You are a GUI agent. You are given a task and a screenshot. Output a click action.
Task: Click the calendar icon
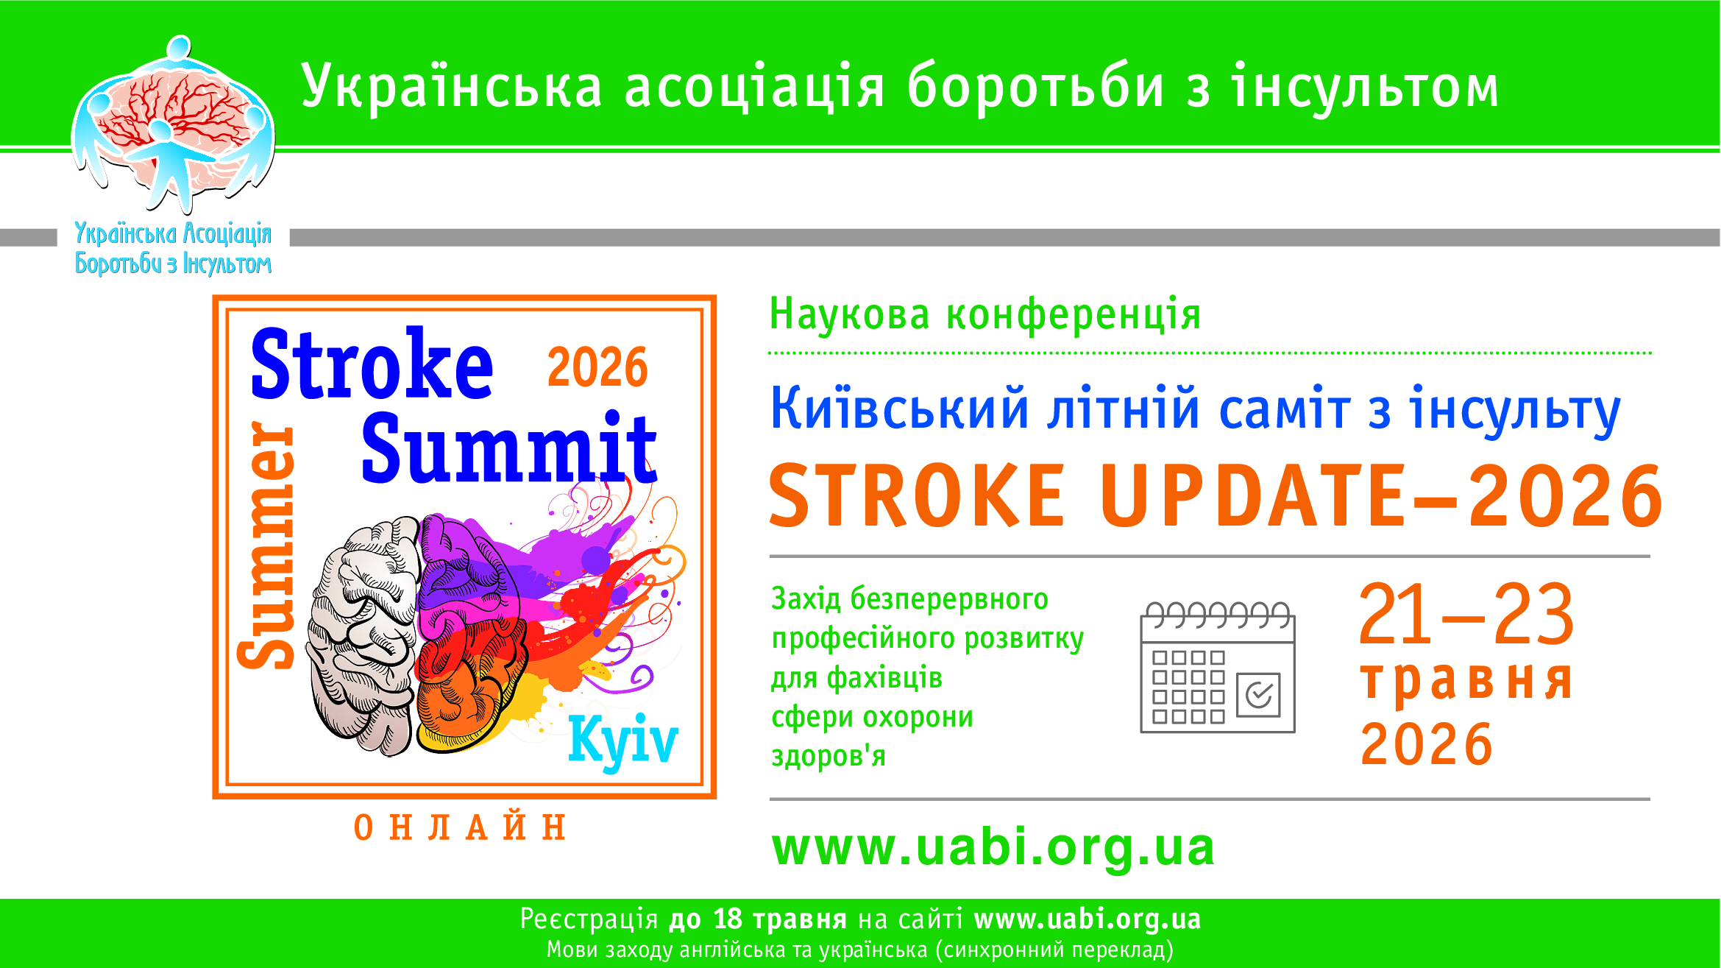click(x=1217, y=667)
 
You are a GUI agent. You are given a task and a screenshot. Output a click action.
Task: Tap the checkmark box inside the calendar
click(x=1258, y=694)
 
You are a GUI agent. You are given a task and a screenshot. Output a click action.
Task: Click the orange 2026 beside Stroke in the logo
click(x=597, y=367)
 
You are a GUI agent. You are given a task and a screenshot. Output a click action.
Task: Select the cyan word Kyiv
click(x=623, y=741)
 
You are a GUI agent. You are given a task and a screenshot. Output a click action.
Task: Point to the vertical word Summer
click(x=266, y=545)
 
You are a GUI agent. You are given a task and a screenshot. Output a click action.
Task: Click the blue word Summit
click(x=509, y=447)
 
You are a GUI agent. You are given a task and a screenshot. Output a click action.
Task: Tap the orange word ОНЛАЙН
click(x=460, y=827)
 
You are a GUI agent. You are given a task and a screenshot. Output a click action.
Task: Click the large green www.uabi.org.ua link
click(x=993, y=847)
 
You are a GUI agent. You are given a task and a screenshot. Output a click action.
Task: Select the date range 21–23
click(x=1466, y=614)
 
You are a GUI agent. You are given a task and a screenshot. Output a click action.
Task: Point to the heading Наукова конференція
click(x=985, y=315)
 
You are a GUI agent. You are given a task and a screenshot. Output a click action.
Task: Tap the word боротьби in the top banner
click(x=1036, y=86)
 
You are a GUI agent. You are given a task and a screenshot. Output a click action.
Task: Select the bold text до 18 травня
click(x=758, y=919)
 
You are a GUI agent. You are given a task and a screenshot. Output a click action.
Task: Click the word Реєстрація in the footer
click(x=589, y=920)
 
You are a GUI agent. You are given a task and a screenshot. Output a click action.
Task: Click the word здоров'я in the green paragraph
click(x=828, y=756)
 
